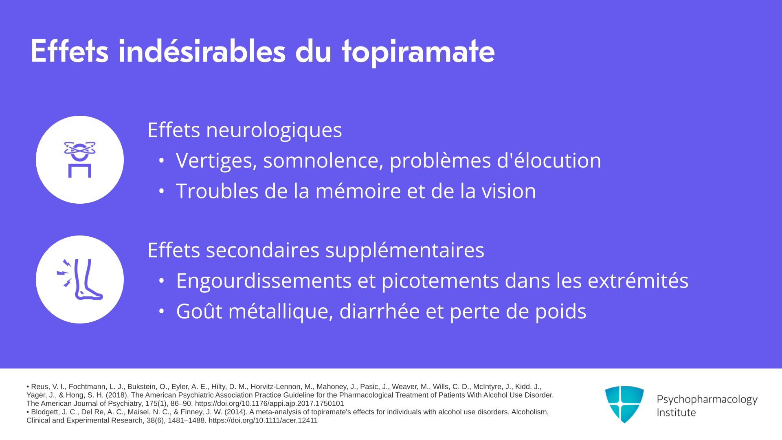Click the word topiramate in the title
point(418,52)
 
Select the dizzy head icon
point(80,159)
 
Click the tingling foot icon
point(80,279)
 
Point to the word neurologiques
point(274,130)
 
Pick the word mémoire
point(358,191)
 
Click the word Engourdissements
point(264,281)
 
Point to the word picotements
point(440,281)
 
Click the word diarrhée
point(380,311)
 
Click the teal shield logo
point(624,404)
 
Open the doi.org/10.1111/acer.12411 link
point(263,420)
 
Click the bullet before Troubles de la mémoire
point(161,191)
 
